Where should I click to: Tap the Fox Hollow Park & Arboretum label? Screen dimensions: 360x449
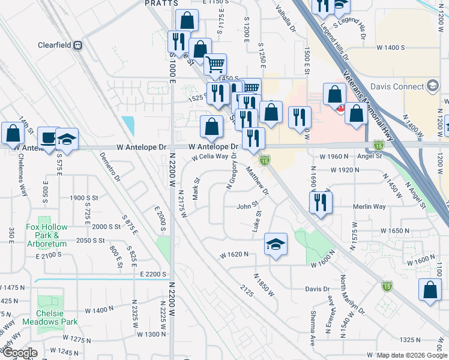coord(48,231)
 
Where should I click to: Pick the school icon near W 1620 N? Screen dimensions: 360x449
coord(276,244)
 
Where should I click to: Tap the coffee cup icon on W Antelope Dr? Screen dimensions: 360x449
coord(48,137)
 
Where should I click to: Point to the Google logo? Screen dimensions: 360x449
coord(19,353)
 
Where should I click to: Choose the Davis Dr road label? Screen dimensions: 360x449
coord(318,289)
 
